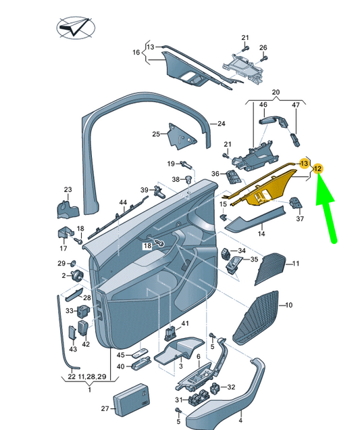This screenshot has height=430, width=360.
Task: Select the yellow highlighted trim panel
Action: (x=270, y=189)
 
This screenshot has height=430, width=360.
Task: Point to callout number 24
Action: (x=220, y=124)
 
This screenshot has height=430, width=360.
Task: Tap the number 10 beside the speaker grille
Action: (x=288, y=306)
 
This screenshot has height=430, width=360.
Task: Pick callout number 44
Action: (x=123, y=203)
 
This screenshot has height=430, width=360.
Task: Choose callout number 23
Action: (x=68, y=189)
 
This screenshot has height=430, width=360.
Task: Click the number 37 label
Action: (x=301, y=218)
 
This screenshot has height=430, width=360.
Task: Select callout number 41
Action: (x=184, y=325)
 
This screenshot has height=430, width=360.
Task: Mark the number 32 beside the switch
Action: (x=231, y=387)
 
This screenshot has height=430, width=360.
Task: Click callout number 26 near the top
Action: (x=263, y=47)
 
